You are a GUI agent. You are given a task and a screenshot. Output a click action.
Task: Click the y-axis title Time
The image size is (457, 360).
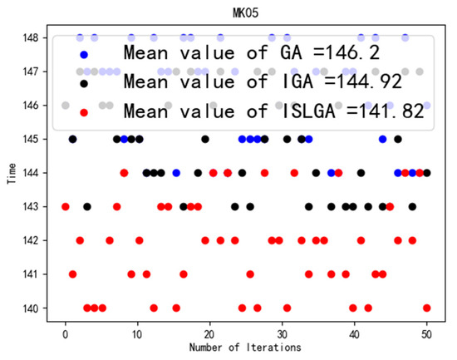[9, 173]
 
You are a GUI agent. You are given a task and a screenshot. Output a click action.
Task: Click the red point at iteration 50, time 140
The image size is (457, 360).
[427, 308]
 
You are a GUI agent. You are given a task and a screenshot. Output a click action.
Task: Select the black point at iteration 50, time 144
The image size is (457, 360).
[427, 173]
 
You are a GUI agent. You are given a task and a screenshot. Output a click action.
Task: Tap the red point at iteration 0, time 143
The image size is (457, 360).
[66, 206]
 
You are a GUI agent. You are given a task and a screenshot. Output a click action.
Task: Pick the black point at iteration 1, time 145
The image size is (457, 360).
[73, 139]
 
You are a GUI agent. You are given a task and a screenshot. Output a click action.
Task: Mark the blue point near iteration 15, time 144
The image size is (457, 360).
[176, 173]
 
